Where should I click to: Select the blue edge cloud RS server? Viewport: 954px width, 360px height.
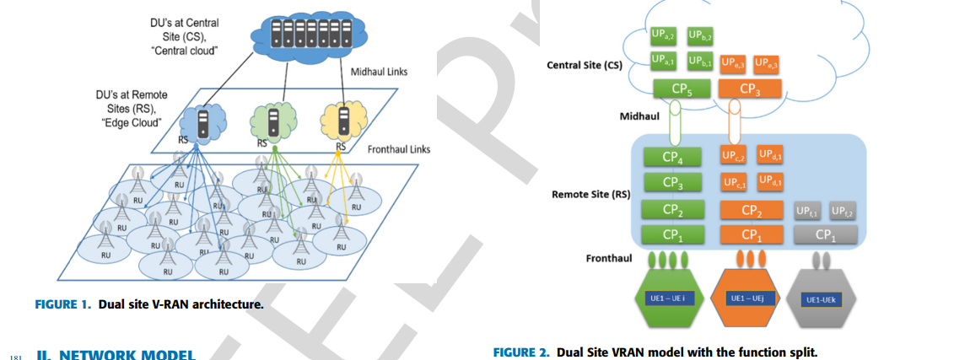[x=202, y=123]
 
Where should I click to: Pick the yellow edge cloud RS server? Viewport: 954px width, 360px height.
[x=342, y=122]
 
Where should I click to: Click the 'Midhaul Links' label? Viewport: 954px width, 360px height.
[x=379, y=72]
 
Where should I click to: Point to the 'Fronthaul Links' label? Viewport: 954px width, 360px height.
[x=399, y=149]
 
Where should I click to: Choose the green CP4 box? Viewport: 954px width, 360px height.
[x=671, y=157]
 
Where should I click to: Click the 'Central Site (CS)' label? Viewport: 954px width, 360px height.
[x=585, y=66]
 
